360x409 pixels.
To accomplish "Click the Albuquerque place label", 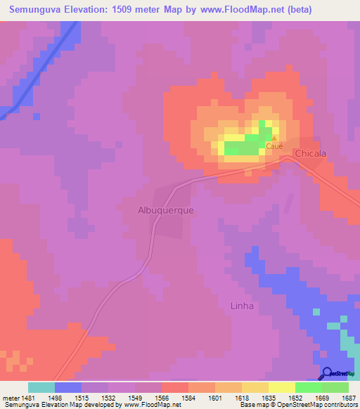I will (165, 209).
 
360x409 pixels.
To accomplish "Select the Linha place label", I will (241, 306).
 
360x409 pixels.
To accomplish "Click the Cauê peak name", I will (274, 146).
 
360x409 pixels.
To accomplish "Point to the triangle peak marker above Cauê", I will (274, 138).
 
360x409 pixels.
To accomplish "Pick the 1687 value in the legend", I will (348, 398).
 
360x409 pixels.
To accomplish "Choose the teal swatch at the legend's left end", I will (41, 387).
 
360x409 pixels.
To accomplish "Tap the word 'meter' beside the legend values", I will (11, 398).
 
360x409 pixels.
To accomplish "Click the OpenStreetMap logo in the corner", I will (338, 373).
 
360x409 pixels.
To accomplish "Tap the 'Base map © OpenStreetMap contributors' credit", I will (298, 405).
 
